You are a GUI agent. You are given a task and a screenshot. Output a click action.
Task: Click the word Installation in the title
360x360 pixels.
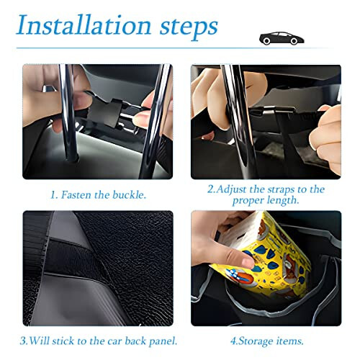click(x=84, y=27)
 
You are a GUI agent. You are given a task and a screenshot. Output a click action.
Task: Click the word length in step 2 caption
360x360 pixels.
click(x=282, y=202)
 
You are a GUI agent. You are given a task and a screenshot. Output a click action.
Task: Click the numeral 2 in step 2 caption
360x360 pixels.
click(x=210, y=189)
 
